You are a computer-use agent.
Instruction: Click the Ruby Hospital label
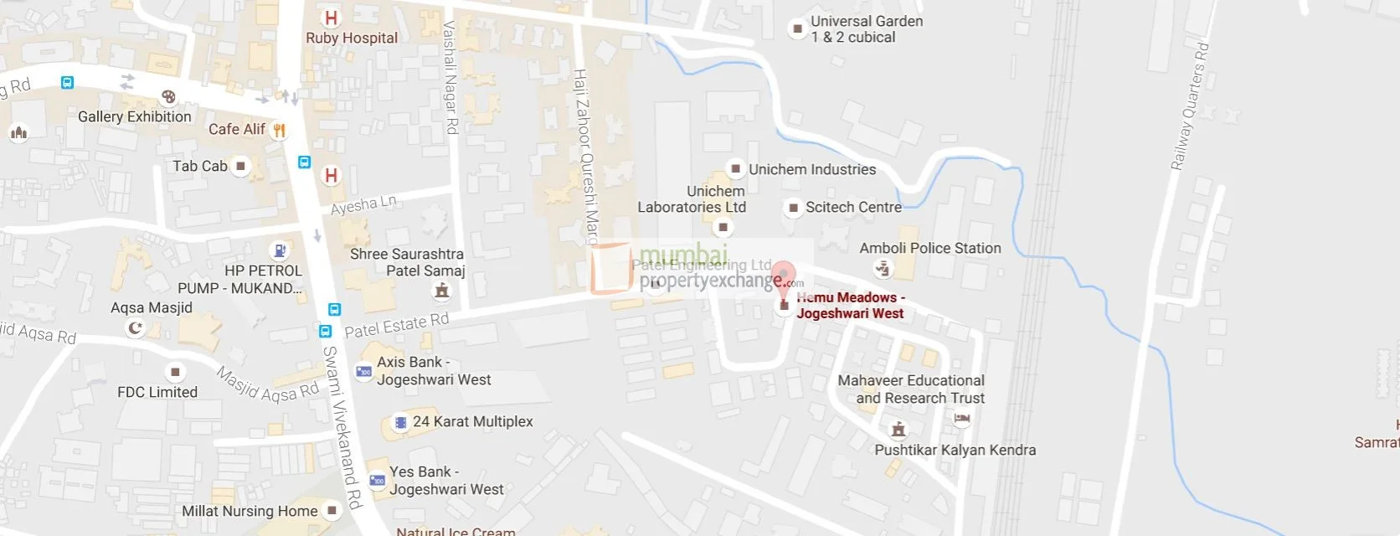(352, 38)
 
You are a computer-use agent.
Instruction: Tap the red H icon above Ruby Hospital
(332, 17)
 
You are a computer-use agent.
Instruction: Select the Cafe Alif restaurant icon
(280, 130)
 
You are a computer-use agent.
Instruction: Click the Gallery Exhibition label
(134, 116)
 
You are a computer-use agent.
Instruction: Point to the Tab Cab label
(199, 166)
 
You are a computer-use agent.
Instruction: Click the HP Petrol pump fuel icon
(280, 250)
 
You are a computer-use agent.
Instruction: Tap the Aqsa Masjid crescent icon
(135, 327)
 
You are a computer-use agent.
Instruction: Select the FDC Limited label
(157, 392)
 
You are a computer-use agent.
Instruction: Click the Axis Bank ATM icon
(364, 371)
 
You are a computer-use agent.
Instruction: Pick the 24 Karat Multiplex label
(472, 421)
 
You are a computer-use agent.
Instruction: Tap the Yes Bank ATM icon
(378, 481)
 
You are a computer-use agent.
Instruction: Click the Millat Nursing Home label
(250, 511)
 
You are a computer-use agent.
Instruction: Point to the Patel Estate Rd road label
(397, 325)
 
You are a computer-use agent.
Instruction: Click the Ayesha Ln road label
(363, 205)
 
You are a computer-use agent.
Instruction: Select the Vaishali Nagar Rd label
(450, 77)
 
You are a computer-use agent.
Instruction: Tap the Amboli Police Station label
(930, 248)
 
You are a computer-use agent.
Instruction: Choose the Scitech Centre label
(853, 207)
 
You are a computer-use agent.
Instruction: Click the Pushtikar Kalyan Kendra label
(955, 450)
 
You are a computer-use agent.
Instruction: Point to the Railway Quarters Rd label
(1190, 106)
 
